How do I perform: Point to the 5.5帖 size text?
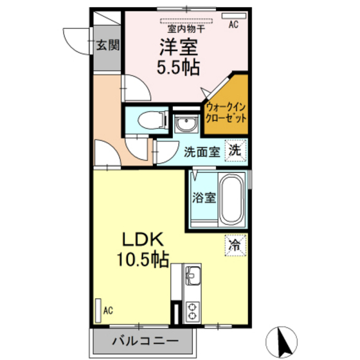(177, 67)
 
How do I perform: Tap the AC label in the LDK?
(108, 310)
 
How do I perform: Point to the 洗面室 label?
(203, 152)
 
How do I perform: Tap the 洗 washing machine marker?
(236, 152)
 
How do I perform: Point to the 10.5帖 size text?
(143, 260)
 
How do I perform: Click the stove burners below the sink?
(192, 311)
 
